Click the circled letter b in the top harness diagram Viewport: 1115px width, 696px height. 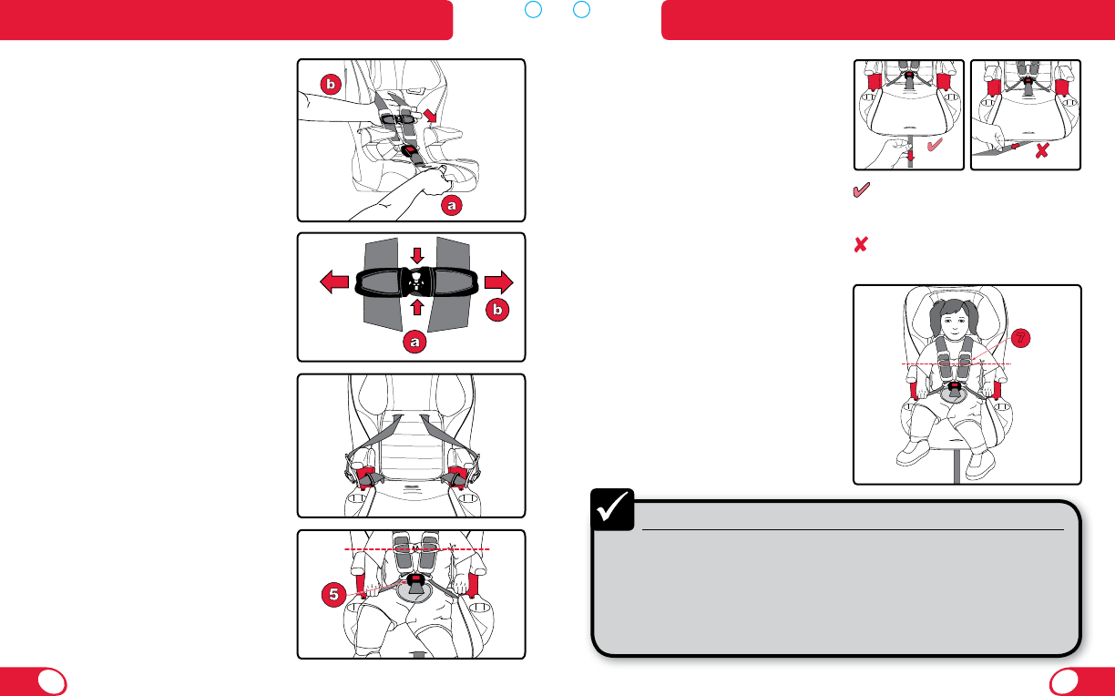(x=331, y=84)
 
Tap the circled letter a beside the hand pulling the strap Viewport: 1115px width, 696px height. (x=452, y=205)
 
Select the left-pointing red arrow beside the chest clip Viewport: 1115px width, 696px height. (x=334, y=282)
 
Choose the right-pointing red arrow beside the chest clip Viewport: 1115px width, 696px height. (x=498, y=282)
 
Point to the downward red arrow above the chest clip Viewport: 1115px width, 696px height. (x=417, y=255)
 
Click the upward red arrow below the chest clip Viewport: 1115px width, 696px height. (x=417, y=307)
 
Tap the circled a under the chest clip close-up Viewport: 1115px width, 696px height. (x=414, y=342)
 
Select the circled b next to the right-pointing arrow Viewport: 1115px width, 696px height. (x=497, y=310)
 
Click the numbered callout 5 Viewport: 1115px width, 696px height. (x=333, y=595)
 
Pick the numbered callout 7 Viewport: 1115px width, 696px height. (x=1020, y=339)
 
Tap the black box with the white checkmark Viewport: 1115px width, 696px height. (x=612, y=509)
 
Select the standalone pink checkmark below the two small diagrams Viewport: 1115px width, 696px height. (x=862, y=189)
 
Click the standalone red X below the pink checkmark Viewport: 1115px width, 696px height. (x=861, y=244)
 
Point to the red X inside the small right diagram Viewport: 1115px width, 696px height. (x=1042, y=150)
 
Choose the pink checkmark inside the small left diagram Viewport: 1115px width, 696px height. (x=935, y=144)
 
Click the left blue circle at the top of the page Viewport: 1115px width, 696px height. (x=533, y=9)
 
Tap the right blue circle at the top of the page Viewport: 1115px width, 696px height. (x=581, y=9)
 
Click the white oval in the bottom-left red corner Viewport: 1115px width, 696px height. (x=52, y=682)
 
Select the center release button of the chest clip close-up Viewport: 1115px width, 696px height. (x=416, y=282)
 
